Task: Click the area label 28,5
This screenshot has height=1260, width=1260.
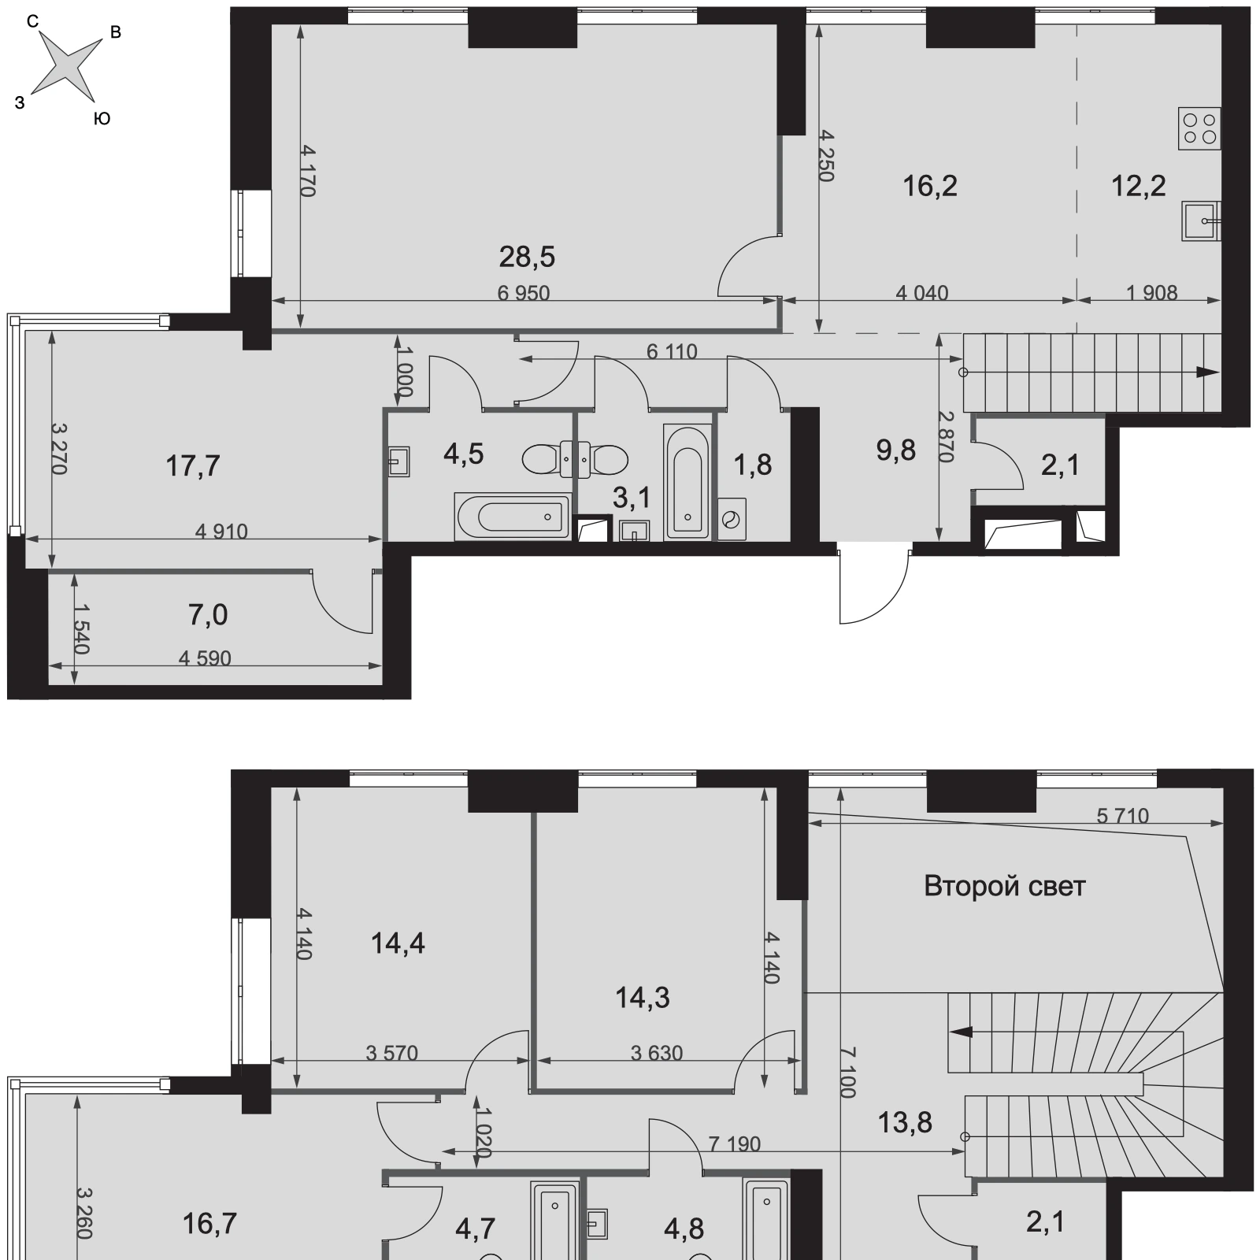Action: coord(527,256)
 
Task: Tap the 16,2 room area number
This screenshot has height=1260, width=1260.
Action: coord(929,186)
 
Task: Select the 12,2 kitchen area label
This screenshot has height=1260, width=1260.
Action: coord(1138,186)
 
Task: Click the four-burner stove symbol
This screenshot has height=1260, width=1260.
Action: coord(1199,128)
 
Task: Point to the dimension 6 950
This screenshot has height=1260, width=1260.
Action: coord(524,293)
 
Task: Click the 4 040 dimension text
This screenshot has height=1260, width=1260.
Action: coord(922,293)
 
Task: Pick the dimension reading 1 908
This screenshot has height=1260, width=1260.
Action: coord(1151,293)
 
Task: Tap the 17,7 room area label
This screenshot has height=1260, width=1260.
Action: coord(193,466)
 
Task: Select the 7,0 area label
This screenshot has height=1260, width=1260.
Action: coord(209,614)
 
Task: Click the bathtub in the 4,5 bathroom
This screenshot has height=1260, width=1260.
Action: coord(513,517)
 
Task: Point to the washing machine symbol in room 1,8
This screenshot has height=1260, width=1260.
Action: coord(732,519)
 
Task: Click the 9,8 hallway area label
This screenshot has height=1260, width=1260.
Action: coord(896,450)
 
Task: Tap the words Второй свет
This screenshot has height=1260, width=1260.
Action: coord(1005,886)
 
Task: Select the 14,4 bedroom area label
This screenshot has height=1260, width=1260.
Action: coord(398,943)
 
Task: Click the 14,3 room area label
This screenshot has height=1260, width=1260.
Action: coord(643,998)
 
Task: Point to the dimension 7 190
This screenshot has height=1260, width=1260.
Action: coord(735,1143)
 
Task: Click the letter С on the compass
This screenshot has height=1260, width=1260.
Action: coord(33,22)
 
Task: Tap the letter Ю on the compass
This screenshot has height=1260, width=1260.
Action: coord(102,119)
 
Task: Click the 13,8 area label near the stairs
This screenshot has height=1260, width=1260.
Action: coord(906,1122)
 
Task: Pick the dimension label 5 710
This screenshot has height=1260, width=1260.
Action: coord(1123,816)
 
